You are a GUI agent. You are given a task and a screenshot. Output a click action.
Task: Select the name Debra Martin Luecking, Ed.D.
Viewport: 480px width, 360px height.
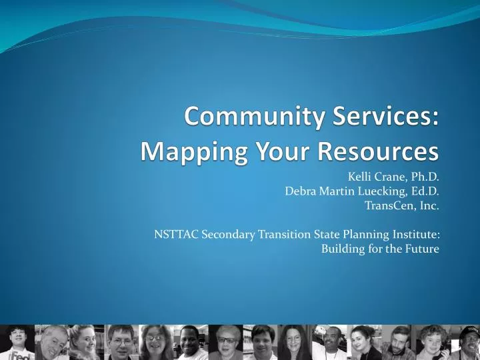tap(362, 191)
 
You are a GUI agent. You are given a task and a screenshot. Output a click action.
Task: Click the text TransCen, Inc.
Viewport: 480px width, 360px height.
tap(402, 205)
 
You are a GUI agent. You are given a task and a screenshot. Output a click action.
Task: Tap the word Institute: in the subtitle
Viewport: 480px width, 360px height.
tap(416, 234)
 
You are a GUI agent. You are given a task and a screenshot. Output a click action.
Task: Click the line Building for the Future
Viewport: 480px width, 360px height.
tap(380, 249)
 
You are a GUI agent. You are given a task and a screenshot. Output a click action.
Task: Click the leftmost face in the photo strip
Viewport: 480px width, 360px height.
tap(16, 337)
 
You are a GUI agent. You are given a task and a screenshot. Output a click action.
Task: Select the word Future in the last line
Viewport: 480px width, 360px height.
tap(423, 249)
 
